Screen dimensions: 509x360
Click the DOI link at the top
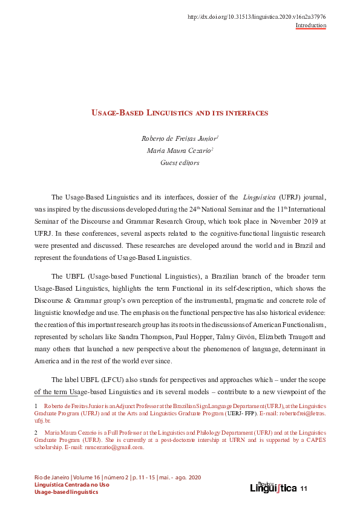coord(257,17)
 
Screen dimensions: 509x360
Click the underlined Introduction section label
coord(310,25)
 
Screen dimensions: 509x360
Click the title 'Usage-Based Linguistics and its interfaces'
coord(180,113)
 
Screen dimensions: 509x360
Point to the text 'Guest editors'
coord(180,163)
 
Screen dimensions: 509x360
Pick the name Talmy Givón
coord(255,336)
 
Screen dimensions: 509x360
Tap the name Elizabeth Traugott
coord(298,336)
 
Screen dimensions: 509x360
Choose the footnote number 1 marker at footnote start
coord(37,406)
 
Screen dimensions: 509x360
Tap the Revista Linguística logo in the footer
coord(273,487)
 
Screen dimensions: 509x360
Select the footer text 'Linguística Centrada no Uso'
coord(72,485)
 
